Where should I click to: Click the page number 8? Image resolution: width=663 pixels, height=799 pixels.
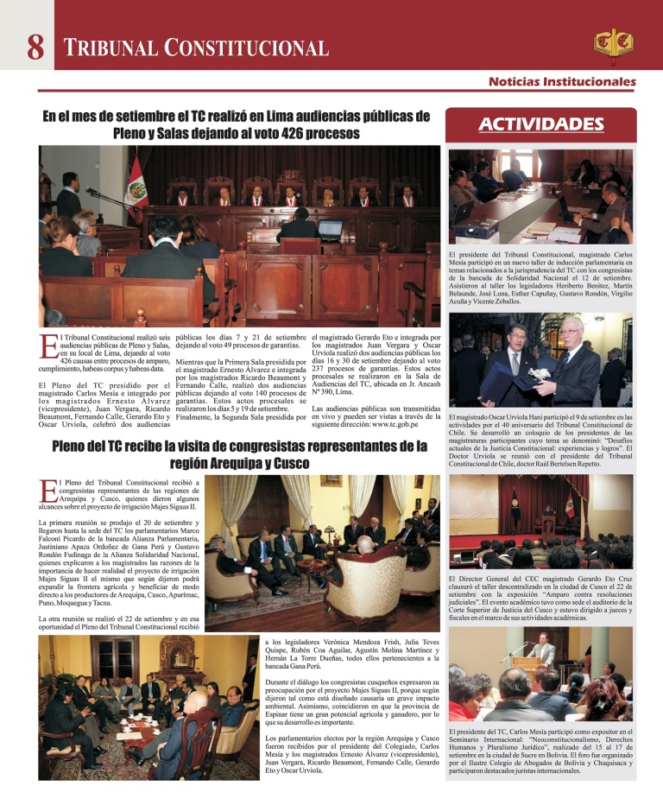(x=35, y=47)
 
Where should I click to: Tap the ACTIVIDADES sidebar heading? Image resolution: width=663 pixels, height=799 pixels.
(x=541, y=124)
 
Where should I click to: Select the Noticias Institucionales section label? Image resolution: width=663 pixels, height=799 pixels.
(x=562, y=82)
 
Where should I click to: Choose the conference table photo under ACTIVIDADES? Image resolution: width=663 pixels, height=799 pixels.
(x=541, y=197)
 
